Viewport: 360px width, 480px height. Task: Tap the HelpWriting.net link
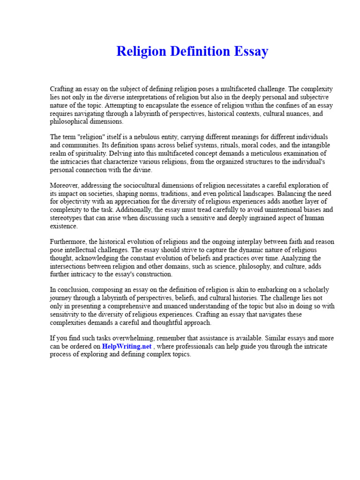pyautogui.click(x=127, y=346)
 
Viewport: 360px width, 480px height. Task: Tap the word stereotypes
pyautogui.click(x=68, y=218)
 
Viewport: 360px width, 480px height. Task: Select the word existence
pyautogui.click(x=63, y=226)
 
